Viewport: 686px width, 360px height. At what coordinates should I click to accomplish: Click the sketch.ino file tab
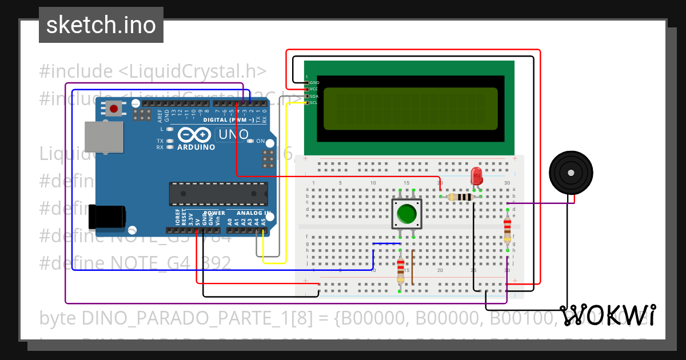[x=101, y=25]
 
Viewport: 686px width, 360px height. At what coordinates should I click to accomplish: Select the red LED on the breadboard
[x=476, y=177]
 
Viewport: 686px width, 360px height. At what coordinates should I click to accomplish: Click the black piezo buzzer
[x=571, y=172]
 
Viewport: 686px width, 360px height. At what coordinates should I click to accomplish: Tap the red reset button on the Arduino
[x=114, y=109]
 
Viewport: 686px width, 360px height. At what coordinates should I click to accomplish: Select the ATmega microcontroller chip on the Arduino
[x=218, y=194]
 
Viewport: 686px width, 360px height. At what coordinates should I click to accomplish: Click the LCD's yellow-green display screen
[x=410, y=109]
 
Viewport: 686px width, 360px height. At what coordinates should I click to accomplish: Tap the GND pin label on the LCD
[x=314, y=83]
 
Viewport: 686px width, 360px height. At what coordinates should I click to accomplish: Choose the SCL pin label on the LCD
[x=313, y=103]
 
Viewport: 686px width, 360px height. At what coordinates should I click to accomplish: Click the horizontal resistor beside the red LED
[x=461, y=197]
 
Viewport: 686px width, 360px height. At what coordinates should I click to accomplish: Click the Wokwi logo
[x=608, y=315]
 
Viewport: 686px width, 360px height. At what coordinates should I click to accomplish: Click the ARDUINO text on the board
[x=196, y=147]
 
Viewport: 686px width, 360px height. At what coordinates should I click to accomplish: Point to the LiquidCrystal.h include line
[x=153, y=71]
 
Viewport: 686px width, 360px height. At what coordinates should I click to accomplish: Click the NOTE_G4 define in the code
[x=135, y=263]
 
